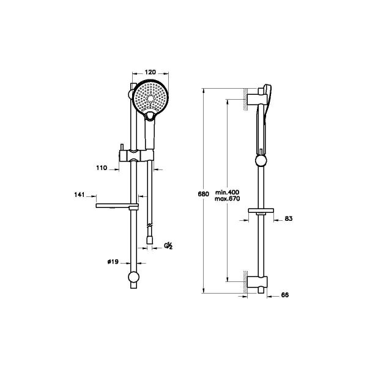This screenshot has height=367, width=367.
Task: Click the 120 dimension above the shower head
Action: [x=150, y=72]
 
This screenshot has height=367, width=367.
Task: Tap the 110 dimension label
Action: [x=102, y=168]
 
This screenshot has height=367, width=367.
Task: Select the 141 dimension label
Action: [x=80, y=195]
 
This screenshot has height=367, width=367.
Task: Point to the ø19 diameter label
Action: [x=113, y=262]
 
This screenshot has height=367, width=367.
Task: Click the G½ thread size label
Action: [x=168, y=246]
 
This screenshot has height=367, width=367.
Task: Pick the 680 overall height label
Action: [x=204, y=194]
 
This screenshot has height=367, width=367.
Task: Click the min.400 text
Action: [x=228, y=193]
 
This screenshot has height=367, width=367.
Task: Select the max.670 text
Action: [x=228, y=199]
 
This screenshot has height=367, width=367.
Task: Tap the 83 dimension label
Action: [x=289, y=218]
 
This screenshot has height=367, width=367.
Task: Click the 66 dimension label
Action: [x=285, y=295]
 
